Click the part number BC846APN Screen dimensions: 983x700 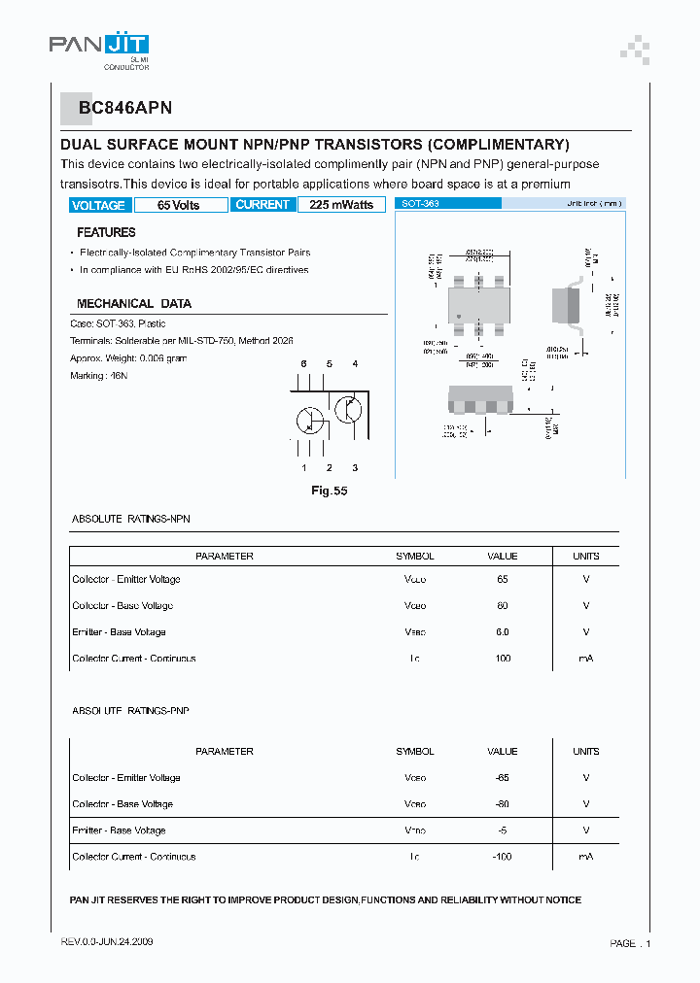pyautogui.click(x=120, y=110)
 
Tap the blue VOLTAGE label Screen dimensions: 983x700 pyautogui.click(x=98, y=205)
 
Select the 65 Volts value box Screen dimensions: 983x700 pyautogui.click(x=179, y=205)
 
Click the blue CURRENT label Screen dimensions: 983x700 pyautogui.click(x=262, y=205)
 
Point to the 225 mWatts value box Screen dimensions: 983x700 pyautogui.click(x=341, y=205)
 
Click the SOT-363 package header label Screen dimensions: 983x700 pyautogui.click(x=421, y=204)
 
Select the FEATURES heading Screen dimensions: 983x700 pyautogui.click(x=106, y=233)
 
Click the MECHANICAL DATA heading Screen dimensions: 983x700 pyautogui.click(x=134, y=304)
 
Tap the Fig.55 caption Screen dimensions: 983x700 pyautogui.click(x=329, y=491)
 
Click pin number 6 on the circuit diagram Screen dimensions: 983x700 pyautogui.click(x=303, y=363)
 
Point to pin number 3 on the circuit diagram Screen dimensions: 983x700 pyautogui.click(x=355, y=468)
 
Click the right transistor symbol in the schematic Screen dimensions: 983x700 pyautogui.click(x=348, y=409)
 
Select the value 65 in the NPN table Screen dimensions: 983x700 pyautogui.click(x=502, y=579)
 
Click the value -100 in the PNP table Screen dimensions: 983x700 pyautogui.click(x=502, y=857)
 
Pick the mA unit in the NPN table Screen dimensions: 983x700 pyautogui.click(x=585, y=659)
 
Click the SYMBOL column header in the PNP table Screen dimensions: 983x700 pyautogui.click(x=414, y=751)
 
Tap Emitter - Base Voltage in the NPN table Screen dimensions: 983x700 pyautogui.click(x=119, y=632)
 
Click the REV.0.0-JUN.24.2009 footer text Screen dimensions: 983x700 pyautogui.click(x=106, y=942)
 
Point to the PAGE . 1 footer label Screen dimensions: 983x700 pyautogui.click(x=630, y=943)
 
